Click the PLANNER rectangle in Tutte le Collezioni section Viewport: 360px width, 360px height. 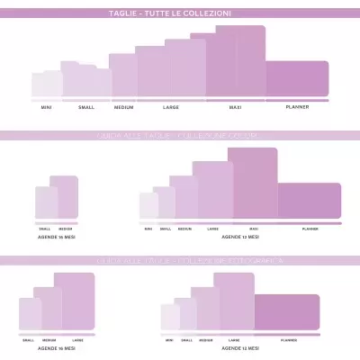(x=297, y=79)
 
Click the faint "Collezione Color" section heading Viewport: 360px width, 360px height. (x=180, y=136)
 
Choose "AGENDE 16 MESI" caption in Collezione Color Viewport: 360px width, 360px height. (x=57, y=236)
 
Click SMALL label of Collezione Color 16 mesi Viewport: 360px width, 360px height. (x=45, y=229)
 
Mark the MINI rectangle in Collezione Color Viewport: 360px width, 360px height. (x=148, y=206)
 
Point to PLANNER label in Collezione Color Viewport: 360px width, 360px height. (x=310, y=229)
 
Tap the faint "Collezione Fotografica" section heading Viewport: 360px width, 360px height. (x=180, y=260)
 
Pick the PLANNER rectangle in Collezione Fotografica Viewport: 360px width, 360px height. (x=288, y=311)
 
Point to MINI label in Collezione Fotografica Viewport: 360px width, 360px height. (x=169, y=340)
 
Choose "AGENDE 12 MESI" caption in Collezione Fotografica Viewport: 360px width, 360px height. (x=241, y=347)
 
